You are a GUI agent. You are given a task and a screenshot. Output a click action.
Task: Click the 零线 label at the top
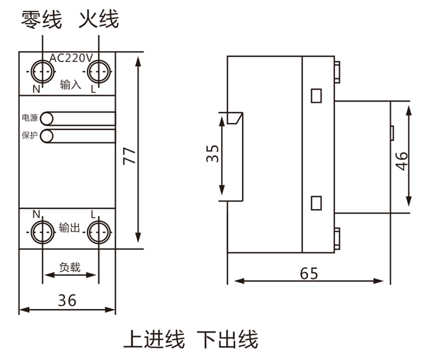click(x=41, y=20)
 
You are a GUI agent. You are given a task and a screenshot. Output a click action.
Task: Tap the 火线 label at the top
click(x=98, y=20)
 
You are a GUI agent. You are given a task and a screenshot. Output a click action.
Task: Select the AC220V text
click(x=71, y=58)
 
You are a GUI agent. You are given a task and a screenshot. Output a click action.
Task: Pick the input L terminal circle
click(x=98, y=72)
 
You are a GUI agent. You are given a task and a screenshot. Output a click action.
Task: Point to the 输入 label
click(x=71, y=85)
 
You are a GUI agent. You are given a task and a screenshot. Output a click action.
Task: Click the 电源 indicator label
click(x=29, y=117)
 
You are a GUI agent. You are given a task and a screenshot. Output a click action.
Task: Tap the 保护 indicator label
click(x=29, y=136)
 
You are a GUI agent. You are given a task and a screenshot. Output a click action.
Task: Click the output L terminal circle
click(x=98, y=232)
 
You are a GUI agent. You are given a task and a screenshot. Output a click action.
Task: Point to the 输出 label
click(x=70, y=228)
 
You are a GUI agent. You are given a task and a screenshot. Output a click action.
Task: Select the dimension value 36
click(x=67, y=300)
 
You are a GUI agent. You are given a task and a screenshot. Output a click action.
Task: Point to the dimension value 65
click(x=309, y=273)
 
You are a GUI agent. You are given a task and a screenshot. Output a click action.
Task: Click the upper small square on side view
click(x=316, y=95)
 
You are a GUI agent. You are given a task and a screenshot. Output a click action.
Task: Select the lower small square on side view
click(x=316, y=202)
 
